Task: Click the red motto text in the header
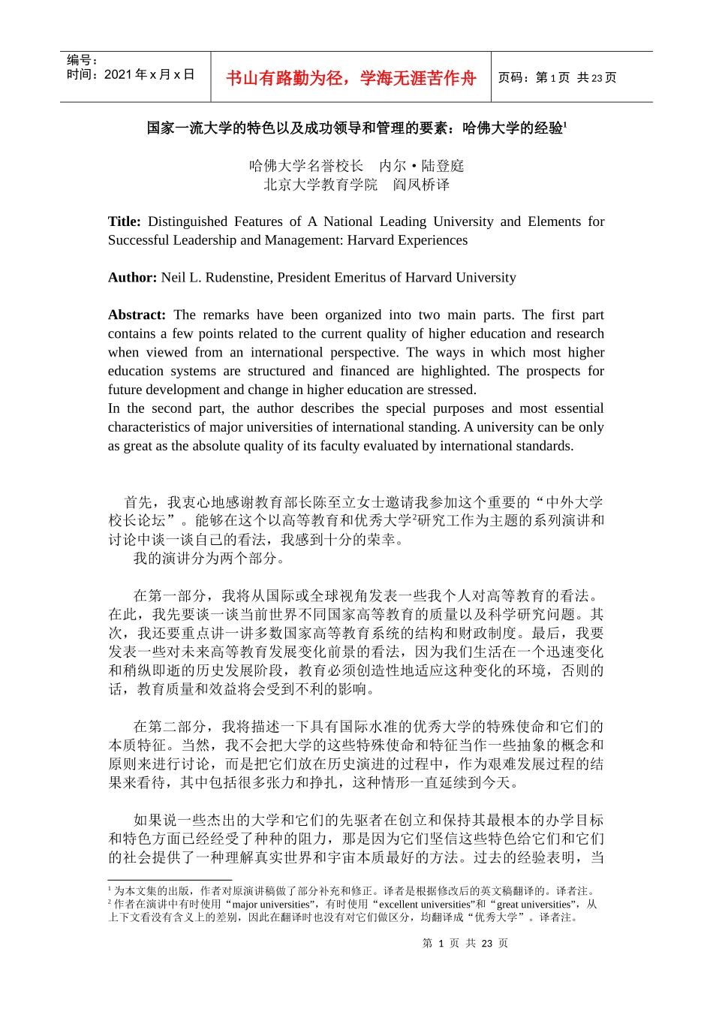click(350, 78)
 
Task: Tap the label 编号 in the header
click(82, 60)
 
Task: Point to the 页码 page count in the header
click(557, 78)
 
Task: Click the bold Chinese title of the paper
click(356, 128)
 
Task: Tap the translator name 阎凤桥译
click(421, 185)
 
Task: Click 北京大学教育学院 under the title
click(320, 185)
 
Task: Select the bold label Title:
click(124, 221)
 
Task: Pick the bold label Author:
click(132, 278)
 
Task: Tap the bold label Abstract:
click(137, 315)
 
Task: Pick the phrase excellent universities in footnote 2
click(427, 905)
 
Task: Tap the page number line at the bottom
click(465, 944)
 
